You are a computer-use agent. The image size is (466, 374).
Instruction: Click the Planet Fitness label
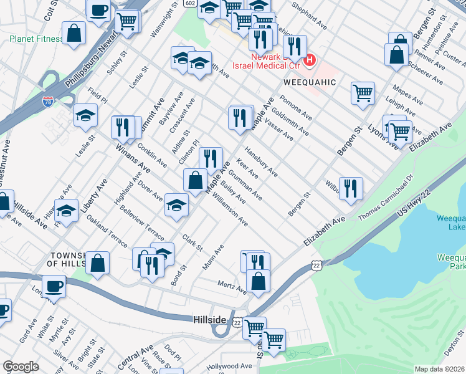[36, 39]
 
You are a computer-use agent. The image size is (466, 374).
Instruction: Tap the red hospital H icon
[310, 60]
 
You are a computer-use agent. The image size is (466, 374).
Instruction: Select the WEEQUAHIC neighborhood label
[310, 82]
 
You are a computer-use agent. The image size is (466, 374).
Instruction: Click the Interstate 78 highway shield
[48, 100]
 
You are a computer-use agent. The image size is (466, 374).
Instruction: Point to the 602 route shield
[190, 3]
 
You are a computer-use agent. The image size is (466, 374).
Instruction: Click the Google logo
[21, 367]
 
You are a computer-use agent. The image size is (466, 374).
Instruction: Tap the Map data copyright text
[439, 369]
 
